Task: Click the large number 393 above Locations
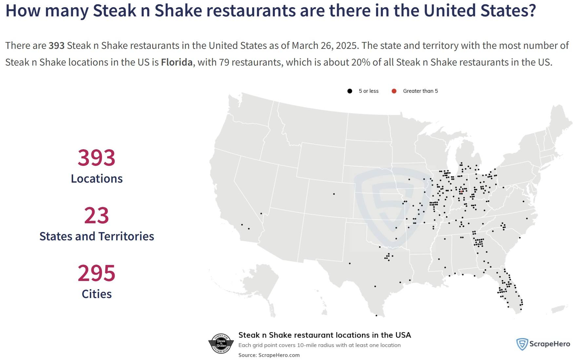click(x=96, y=158)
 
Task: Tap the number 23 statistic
click(x=96, y=215)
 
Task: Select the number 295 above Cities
click(x=96, y=273)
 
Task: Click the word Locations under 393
click(x=97, y=179)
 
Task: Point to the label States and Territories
click(x=97, y=236)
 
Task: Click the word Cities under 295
click(x=97, y=294)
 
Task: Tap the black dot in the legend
click(x=350, y=91)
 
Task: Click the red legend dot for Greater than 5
click(x=394, y=91)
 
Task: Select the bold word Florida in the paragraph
click(x=177, y=62)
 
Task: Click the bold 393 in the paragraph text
click(x=57, y=46)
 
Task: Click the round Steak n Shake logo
click(x=221, y=344)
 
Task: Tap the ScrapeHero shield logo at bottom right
click(x=522, y=344)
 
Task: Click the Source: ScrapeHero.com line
click(x=269, y=355)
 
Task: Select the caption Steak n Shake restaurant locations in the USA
click(x=325, y=335)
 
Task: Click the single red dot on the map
click(x=461, y=191)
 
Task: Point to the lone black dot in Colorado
click(x=334, y=194)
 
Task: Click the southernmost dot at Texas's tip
click(x=376, y=315)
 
